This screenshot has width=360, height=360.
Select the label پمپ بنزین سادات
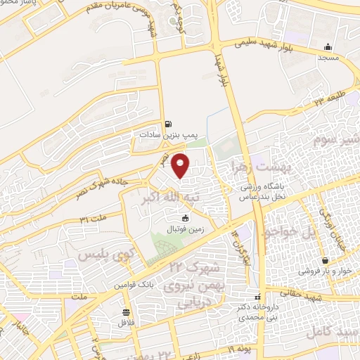167,133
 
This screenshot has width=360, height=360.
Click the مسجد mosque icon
328,47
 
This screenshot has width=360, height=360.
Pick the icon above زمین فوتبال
175,219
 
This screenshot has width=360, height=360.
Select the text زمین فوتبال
174,229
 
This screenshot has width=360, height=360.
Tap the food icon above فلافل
126,312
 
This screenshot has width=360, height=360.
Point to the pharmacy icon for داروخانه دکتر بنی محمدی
257,297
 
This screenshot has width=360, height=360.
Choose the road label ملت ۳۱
94,221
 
